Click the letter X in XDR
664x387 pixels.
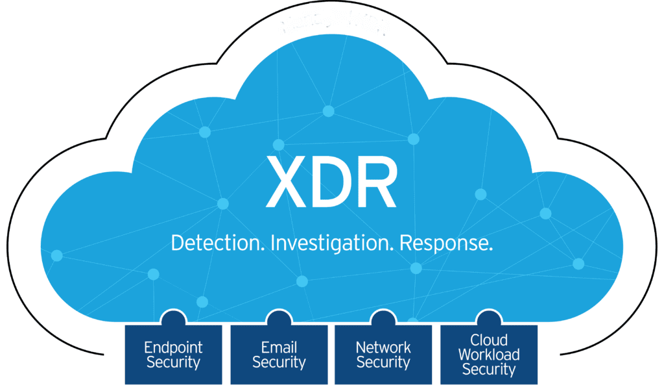pyautogui.click(x=286, y=181)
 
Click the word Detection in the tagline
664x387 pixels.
pyautogui.click(x=217, y=243)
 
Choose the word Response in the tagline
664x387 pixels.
pyautogui.click(x=445, y=243)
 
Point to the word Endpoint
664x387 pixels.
pyautogui.click(x=173, y=347)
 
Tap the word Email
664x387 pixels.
pyautogui.click(x=279, y=347)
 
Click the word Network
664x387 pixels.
pyautogui.click(x=383, y=347)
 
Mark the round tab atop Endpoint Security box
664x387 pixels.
pyautogui.click(x=173, y=318)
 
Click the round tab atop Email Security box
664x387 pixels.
pyautogui.click(x=279, y=318)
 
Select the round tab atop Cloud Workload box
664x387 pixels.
pyautogui.click(x=488, y=318)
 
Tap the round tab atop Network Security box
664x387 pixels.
pyautogui.click(x=383, y=318)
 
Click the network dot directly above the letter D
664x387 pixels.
pyautogui.click(x=329, y=111)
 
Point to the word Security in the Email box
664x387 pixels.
pyautogui.click(x=279, y=362)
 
